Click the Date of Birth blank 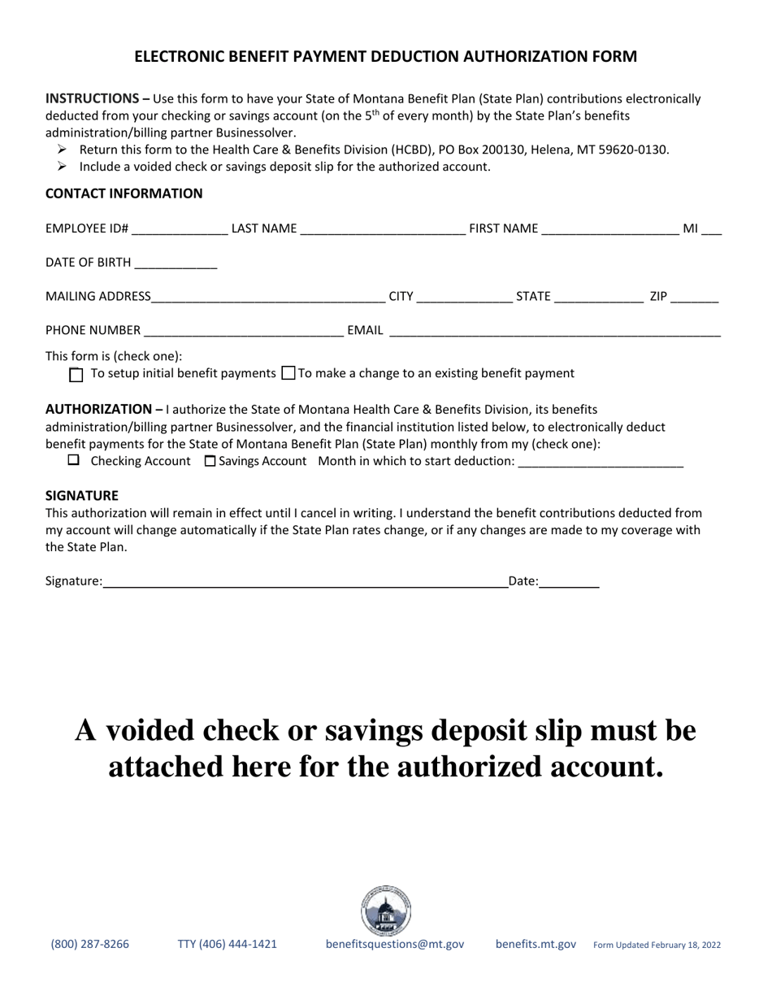click(x=176, y=263)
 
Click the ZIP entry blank click(x=695, y=298)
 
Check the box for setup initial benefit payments click(x=76, y=375)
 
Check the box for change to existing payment click(x=288, y=374)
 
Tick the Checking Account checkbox click(x=74, y=461)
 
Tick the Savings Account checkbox click(x=210, y=462)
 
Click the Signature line click(x=305, y=581)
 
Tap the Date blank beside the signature click(x=569, y=581)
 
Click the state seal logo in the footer click(x=386, y=911)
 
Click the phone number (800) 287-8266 click(x=89, y=945)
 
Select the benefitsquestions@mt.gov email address click(x=395, y=945)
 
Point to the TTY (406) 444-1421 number click(x=227, y=945)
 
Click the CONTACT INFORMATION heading click(x=124, y=193)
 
